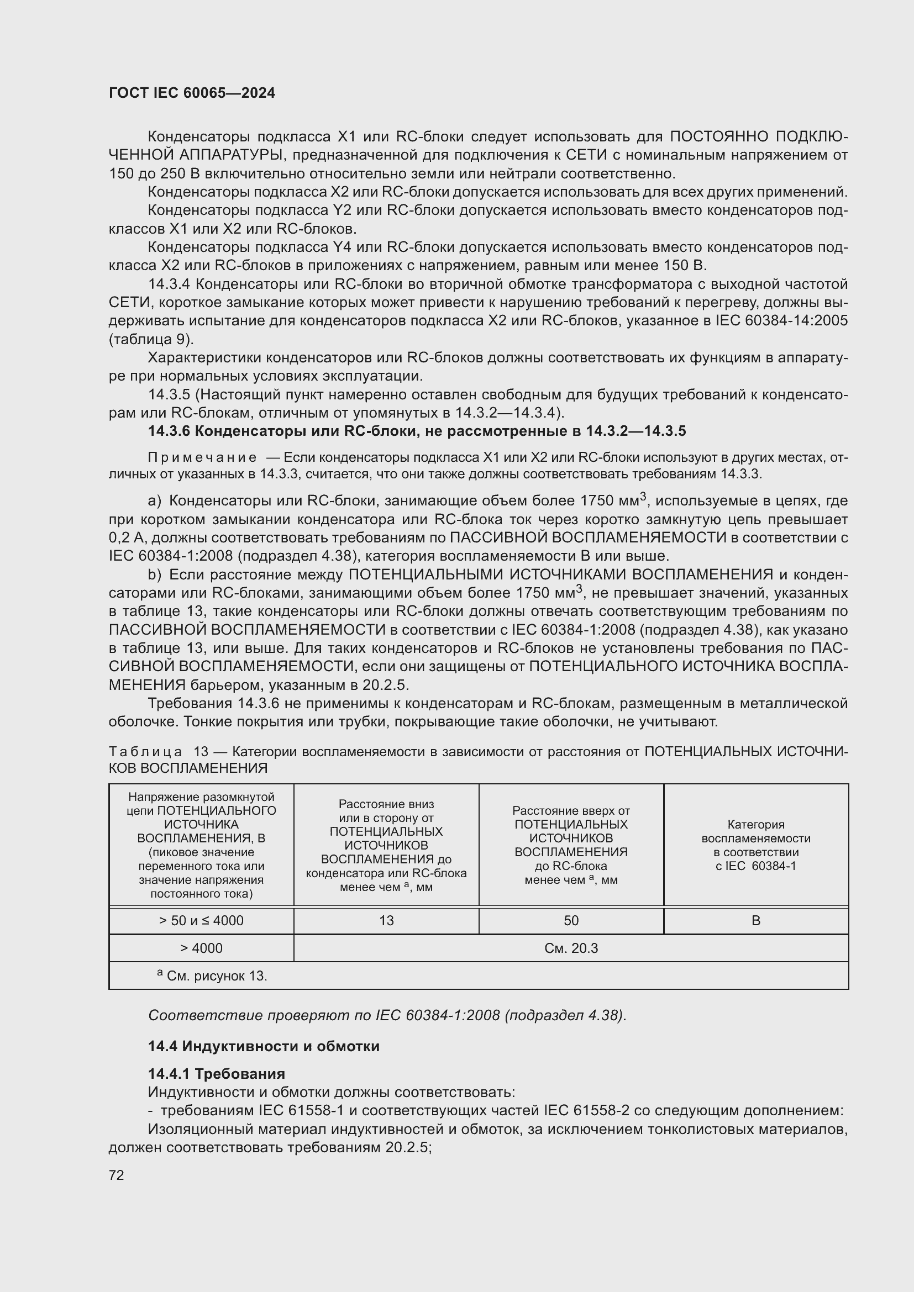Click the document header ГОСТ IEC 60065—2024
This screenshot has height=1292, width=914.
tap(192, 93)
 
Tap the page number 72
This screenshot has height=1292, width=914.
tap(116, 1175)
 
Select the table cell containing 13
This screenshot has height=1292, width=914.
tap(386, 921)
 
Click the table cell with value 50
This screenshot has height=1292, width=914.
tap(571, 921)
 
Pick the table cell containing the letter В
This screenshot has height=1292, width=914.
tap(755, 921)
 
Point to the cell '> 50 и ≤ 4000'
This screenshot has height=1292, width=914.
tap(201, 921)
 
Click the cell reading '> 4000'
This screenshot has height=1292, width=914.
tap(201, 948)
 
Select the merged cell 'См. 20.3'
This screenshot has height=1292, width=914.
tap(571, 948)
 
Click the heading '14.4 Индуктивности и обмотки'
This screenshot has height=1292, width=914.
tap(264, 1046)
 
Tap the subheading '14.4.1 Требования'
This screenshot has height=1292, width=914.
tap(216, 1074)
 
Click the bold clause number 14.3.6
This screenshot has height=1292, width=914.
tap(169, 431)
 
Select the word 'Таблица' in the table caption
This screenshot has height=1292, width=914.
tap(145, 752)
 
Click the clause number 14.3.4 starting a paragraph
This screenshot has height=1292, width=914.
tap(169, 284)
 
